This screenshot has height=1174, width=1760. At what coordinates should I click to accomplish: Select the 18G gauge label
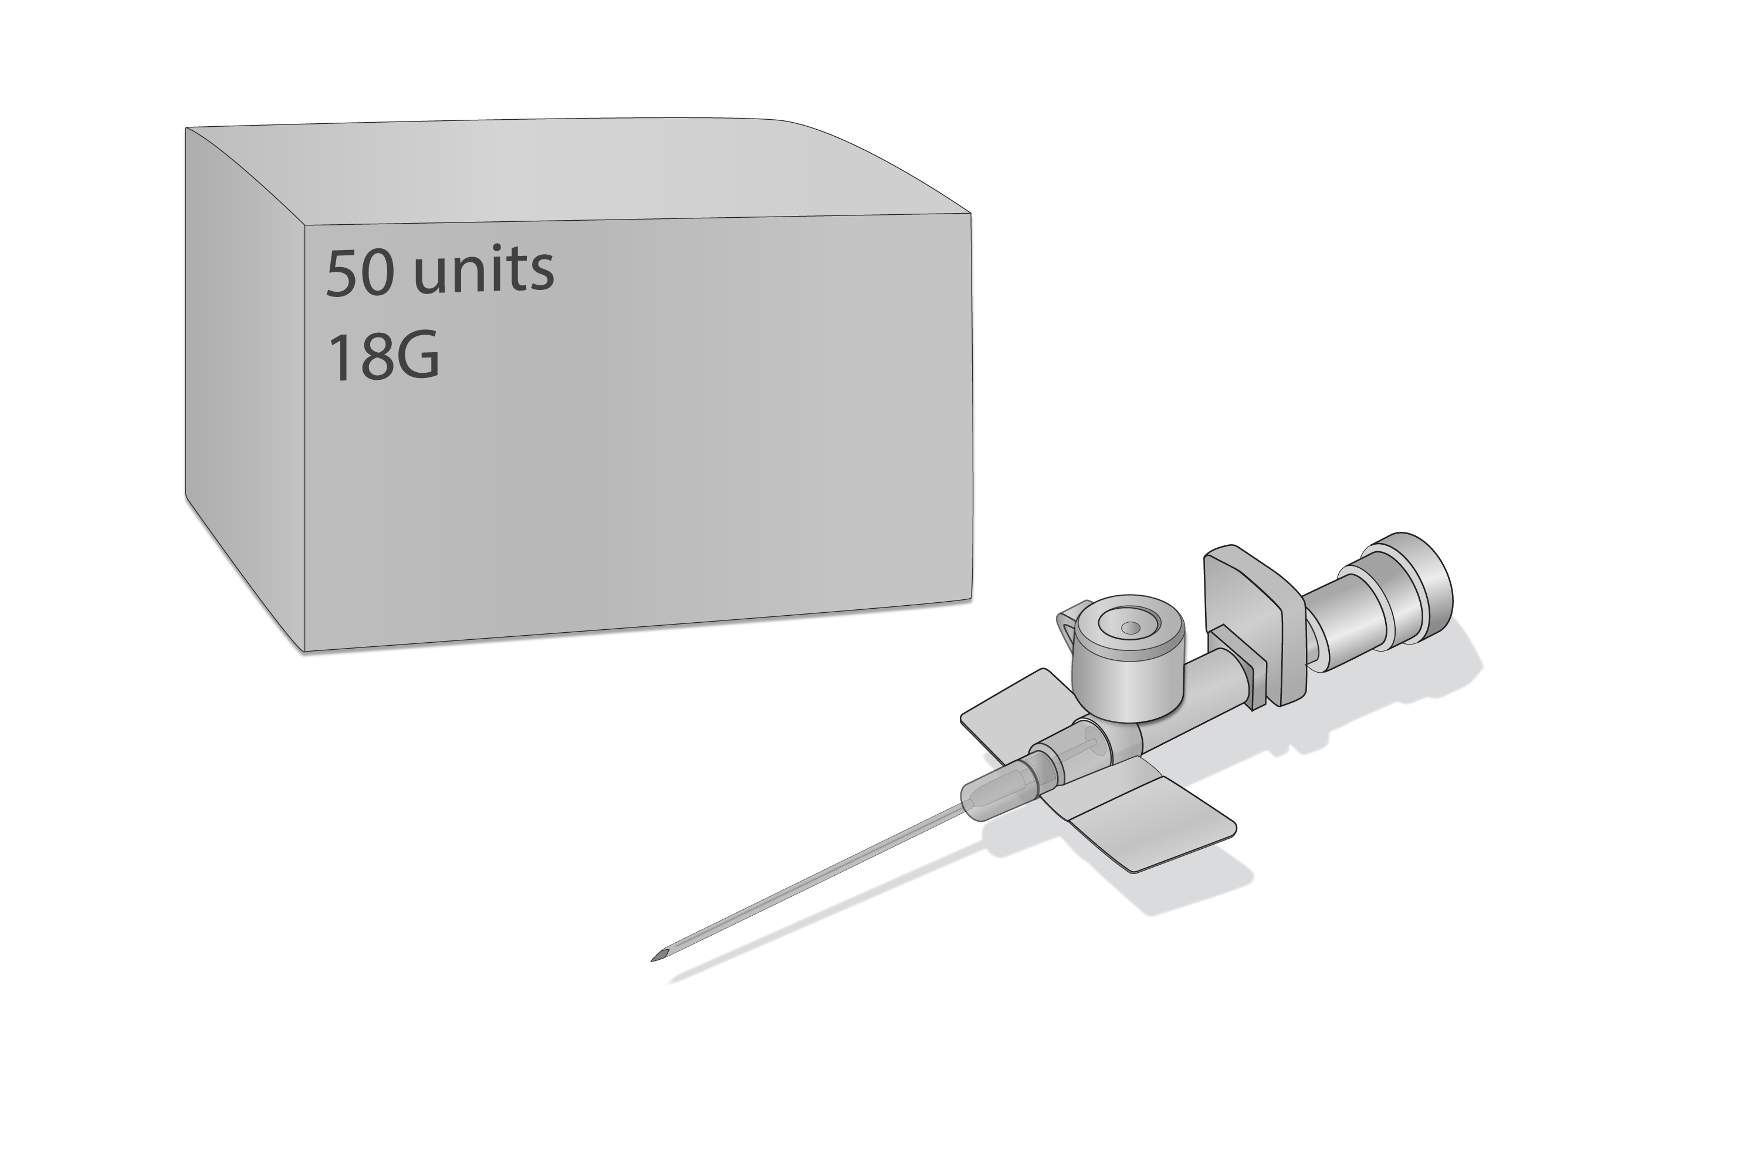tap(383, 358)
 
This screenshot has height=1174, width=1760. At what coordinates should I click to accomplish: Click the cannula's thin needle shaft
tap(808, 883)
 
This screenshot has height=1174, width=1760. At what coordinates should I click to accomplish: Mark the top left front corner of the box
tap(305, 225)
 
